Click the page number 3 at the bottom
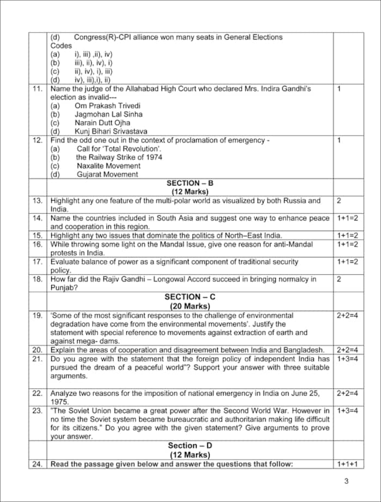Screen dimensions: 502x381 pyautogui.click(x=347, y=481)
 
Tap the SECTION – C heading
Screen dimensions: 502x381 pyautogui.click(x=189, y=296)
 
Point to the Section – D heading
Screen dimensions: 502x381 pyautogui.click(x=189, y=445)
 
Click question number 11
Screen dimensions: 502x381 pyautogui.click(x=38, y=88)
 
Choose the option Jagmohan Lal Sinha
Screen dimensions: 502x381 pyautogui.click(x=109, y=114)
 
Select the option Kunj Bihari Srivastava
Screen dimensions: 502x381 pyautogui.click(x=111, y=131)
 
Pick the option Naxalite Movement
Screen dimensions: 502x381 pyautogui.click(x=108, y=166)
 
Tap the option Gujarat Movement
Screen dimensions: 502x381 pyautogui.click(x=107, y=175)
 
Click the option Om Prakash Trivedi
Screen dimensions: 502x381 pyautogui.click(x=108, y=106)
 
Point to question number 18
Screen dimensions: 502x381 pyautogui.click(x=38, y=279)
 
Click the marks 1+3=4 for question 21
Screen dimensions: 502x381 pyautogui.click(x=347, y=359)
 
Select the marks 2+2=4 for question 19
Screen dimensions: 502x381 pyautogui.click(x=347, y=315)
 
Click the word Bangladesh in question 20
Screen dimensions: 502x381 pyautogui.click(x=305, y=350)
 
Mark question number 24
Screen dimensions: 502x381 pyautogui.click(x=38, y=464)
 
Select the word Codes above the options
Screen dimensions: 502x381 pyautogui.click(x=61, y=46)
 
